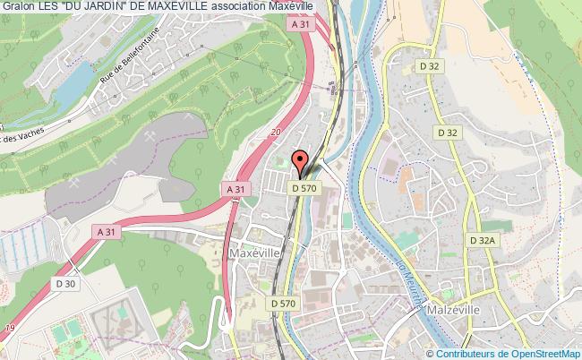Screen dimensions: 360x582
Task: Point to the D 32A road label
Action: tap(480, 240)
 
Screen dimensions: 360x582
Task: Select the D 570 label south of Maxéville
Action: tap(281, 304)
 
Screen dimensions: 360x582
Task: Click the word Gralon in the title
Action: tap(16, 6)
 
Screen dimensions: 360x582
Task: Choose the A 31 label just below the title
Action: tap(301, 27)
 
